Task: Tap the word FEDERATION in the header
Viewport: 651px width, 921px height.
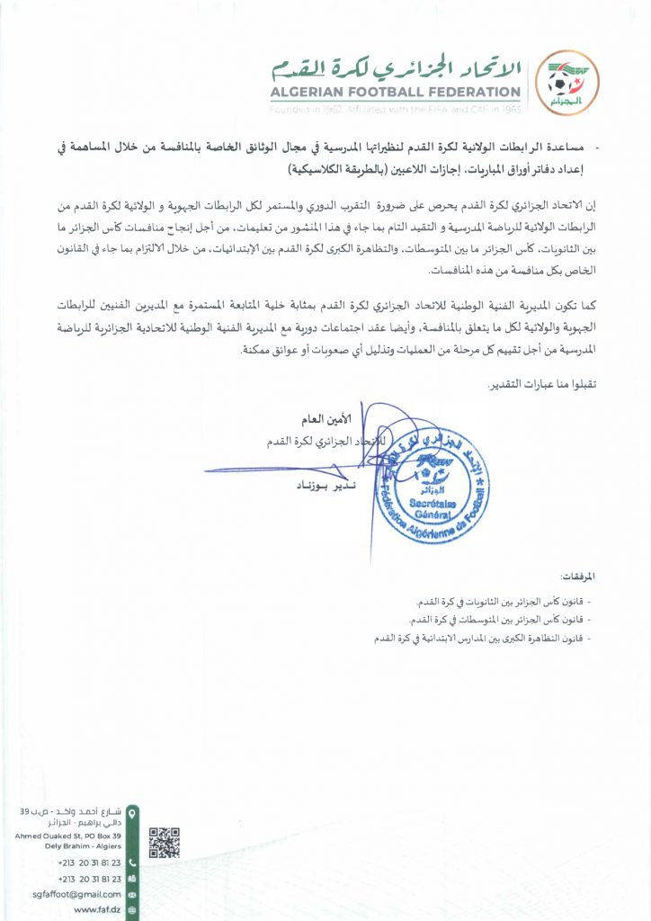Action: point(474,92)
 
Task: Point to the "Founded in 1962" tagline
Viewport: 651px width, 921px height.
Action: point(315,108)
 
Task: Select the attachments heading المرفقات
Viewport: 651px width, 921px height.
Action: point(578,576)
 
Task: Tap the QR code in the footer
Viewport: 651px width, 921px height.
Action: point(164,842)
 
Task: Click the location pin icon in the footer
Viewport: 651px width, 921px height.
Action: point(133,814)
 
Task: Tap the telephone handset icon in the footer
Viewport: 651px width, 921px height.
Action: point(132,863)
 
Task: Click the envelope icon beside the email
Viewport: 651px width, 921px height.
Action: point(132,894)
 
